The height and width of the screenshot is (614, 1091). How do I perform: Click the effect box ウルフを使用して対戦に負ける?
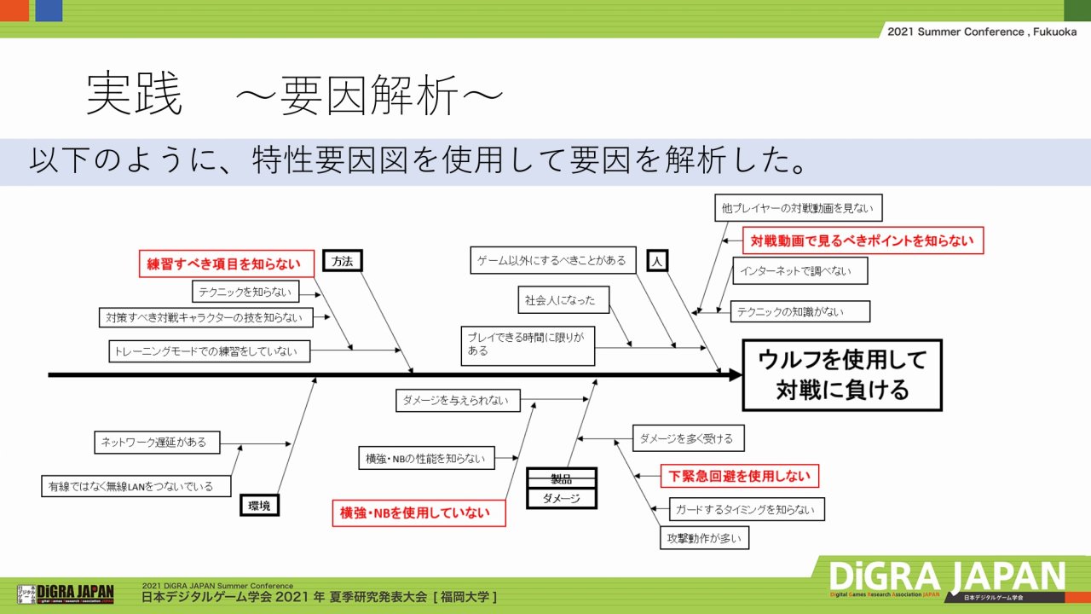[842, 375]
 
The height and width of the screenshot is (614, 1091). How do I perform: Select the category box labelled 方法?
[343, 262]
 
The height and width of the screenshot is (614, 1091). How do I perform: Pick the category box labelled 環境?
[259, 506]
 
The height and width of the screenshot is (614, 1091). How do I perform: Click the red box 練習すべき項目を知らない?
[226, 264]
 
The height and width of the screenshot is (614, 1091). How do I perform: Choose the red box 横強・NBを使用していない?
[418, 513]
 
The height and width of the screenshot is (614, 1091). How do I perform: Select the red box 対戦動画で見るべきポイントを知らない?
[862, 240]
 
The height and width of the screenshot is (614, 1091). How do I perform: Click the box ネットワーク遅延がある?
[154, 443]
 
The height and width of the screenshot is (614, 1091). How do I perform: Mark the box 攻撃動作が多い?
[705, 538]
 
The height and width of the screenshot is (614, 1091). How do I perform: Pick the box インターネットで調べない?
[799, 271]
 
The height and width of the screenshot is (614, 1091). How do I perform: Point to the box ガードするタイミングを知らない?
[747, 510]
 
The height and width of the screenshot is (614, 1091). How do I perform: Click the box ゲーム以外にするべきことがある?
[552, 260]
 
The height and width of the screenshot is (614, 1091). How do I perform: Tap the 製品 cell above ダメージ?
[561, 478]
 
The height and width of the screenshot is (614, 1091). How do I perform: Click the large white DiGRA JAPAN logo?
[947, 577]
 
